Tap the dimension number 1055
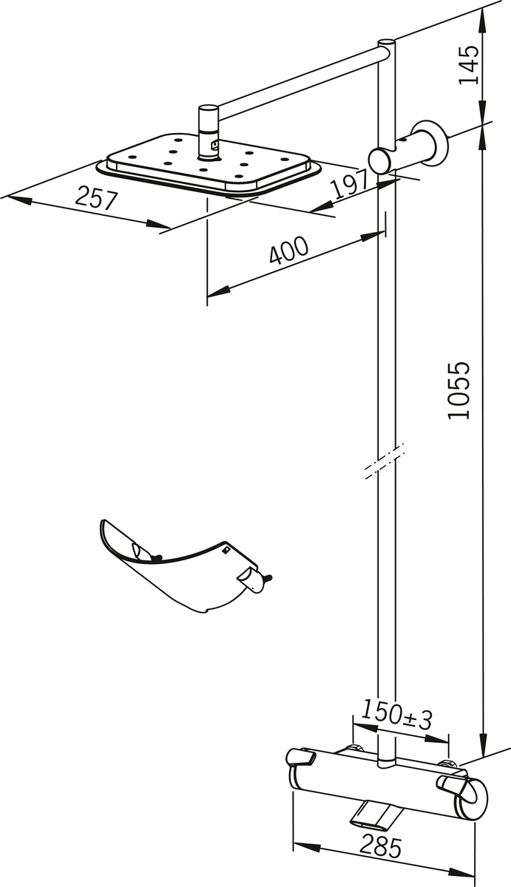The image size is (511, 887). point(459,390)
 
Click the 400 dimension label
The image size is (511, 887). point(288,251)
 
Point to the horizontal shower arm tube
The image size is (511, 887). point(296,81)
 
